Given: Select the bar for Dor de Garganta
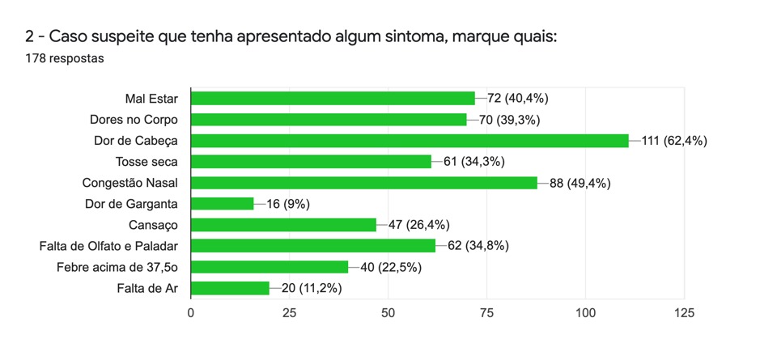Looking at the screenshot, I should (222, 204).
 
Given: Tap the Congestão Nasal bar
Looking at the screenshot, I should (363, 183).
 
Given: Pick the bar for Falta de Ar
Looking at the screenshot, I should (230, 288).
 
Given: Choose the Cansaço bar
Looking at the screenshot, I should (283, 225).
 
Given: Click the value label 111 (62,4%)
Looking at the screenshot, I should (674, 141).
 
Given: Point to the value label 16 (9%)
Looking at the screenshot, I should (288, 204).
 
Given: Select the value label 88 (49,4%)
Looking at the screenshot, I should (580, 183).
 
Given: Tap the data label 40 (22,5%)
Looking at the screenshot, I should (391, 267).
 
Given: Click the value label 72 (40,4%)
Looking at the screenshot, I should (518, 99).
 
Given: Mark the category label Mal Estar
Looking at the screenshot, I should (151, 99).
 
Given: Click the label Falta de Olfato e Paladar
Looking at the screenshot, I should (109, 246).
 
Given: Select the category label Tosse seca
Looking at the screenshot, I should (147, 162).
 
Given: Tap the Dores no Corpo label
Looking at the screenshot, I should (134, 120).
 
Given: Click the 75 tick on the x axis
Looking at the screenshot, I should (486, 312).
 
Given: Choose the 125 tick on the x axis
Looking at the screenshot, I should (684, 312).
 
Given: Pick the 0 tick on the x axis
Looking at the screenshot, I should (191, 312).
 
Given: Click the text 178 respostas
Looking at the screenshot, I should (64, 58).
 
